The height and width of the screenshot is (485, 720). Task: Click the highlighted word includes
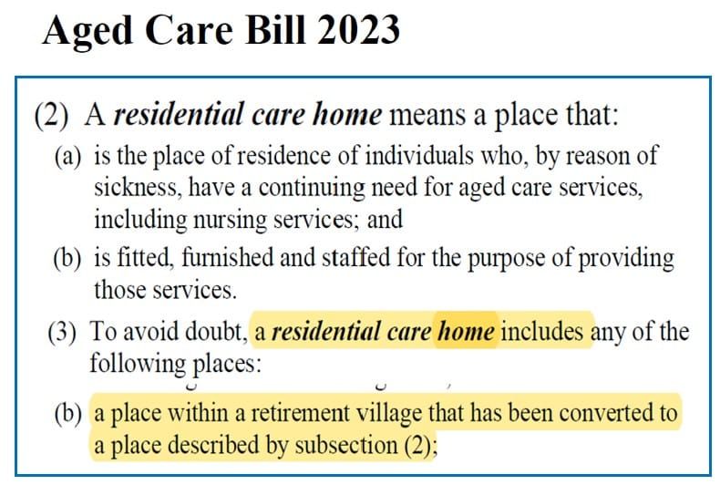tap(545, 331)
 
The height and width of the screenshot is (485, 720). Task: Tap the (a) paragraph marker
tap(69, 156)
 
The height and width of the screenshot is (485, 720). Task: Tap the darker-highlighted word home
tap(466, 331)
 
